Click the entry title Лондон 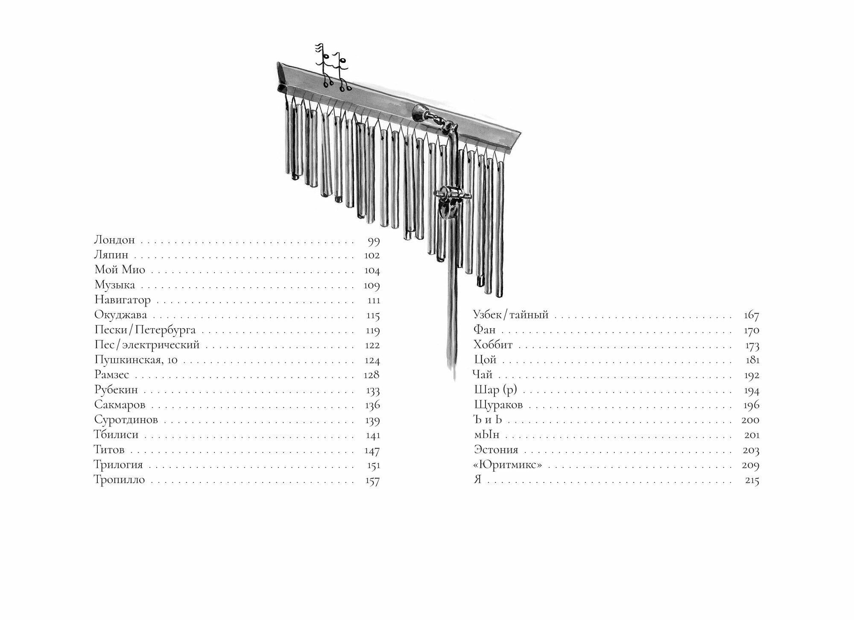point(114,240)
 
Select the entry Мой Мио point(120,270)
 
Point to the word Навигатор point(123,300)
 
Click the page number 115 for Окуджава point(373,316)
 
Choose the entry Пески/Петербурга point(145,330)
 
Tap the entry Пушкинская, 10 point(136,360)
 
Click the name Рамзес point(111,375)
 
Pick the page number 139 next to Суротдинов point(372,420)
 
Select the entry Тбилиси point(116,435)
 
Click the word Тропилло point(120,480)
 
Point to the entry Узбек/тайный point(511,316)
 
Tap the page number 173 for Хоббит point(751,345)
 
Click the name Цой point(485,360)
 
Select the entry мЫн point(486,435)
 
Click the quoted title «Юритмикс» point(508,465)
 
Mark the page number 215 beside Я point(752,480)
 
